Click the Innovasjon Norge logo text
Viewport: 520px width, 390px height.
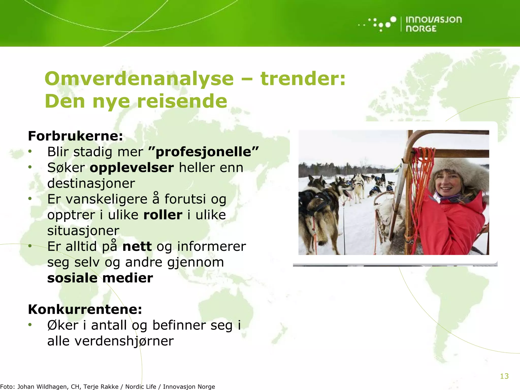coord(433,24)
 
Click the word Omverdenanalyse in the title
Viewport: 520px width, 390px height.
coord(139,79)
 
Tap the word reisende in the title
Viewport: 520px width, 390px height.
coord(182,101)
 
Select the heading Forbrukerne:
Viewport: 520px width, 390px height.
coord(75,136)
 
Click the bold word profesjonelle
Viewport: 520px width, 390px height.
coord(203,152)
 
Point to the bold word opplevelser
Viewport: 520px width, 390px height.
coord(132,168)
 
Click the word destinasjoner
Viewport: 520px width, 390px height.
coord(91,183)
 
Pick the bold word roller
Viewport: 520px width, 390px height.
coord(163,215)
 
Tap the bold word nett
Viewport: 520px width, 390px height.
coord(137,247)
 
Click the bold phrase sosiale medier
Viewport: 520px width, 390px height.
coord(100,278)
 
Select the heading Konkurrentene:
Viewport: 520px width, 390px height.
coord(85,309)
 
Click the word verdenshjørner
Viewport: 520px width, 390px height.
coord(124,341)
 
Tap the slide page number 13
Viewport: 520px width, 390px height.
coord(504,376)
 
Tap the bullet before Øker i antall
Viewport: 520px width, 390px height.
coord(30,325)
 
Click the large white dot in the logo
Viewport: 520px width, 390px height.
coord(393,19)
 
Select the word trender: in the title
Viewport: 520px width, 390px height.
coord(303,79)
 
